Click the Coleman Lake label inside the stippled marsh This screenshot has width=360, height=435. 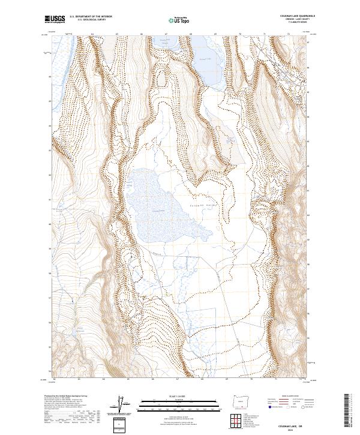[x=158, y=210]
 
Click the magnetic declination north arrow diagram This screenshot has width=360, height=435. [x=125, y=405]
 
